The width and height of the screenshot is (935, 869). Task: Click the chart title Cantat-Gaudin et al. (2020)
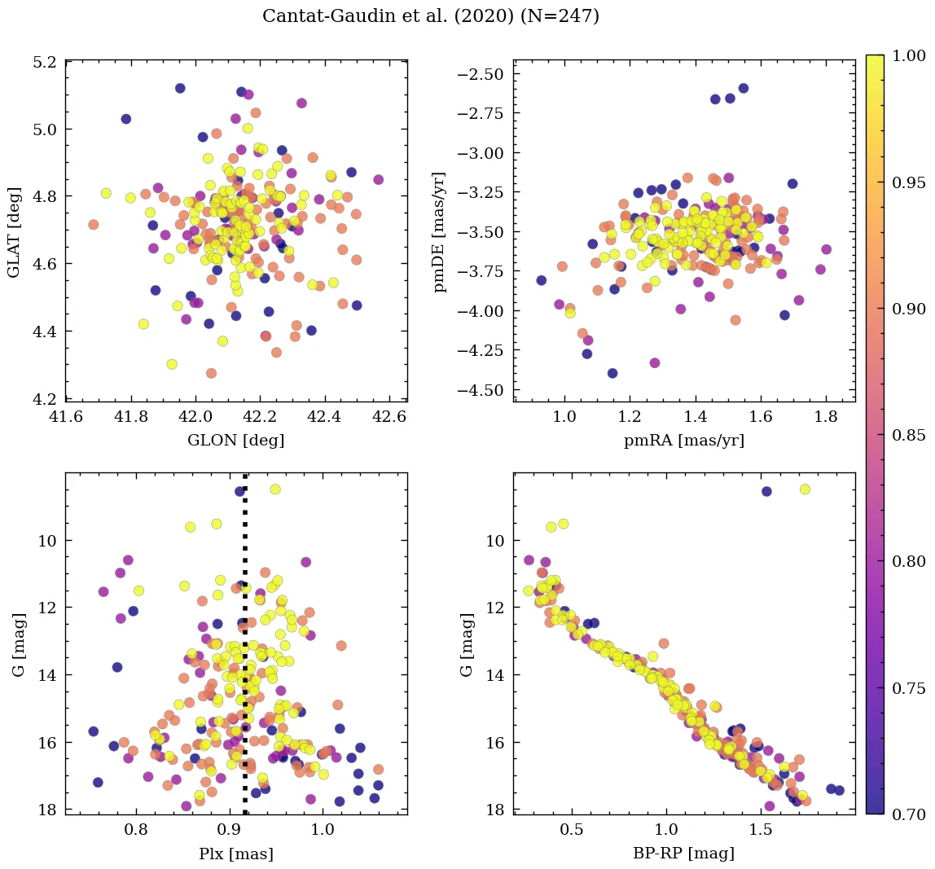click(x=431, y=16)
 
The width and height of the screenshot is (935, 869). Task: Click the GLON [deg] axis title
click(x=236, y=441)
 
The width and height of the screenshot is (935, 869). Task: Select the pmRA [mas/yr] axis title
click(x=684, y=441)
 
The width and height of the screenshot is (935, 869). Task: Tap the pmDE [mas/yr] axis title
click(x=440, y=231)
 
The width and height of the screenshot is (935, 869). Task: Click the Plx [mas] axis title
click(x=236, y=854)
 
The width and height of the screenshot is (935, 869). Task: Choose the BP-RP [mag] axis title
click(x=684, y=854)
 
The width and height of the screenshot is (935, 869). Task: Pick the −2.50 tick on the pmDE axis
click(x=485, y=75)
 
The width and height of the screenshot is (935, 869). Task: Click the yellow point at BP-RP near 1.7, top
click(x=805, y=489)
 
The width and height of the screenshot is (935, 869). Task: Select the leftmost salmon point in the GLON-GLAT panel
click(x=93, y=225)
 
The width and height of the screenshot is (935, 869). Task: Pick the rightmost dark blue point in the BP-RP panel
click(x=840, y=790)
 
